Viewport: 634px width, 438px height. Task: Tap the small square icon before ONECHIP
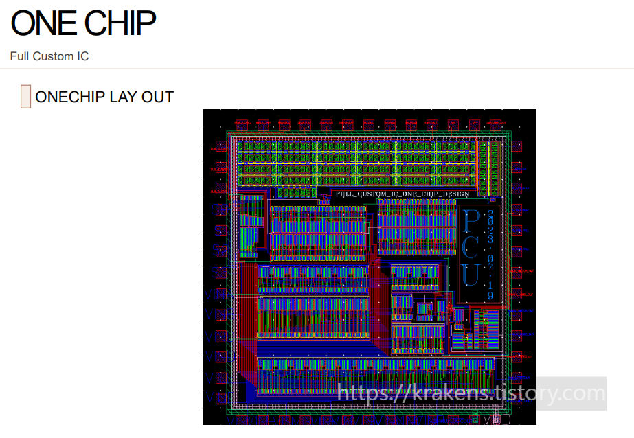[25, 97]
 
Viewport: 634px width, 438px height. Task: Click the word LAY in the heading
[124, 97]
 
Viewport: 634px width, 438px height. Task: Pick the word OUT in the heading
[158, 97]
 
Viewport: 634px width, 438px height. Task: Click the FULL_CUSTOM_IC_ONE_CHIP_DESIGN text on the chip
[403, 194]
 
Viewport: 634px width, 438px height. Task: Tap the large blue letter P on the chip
[471, 221]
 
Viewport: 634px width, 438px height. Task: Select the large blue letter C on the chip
[471, 247]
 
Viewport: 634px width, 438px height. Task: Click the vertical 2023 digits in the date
[490, 227]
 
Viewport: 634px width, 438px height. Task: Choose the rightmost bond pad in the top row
[496, 124]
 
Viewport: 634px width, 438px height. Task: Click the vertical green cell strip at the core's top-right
[493, 168]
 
